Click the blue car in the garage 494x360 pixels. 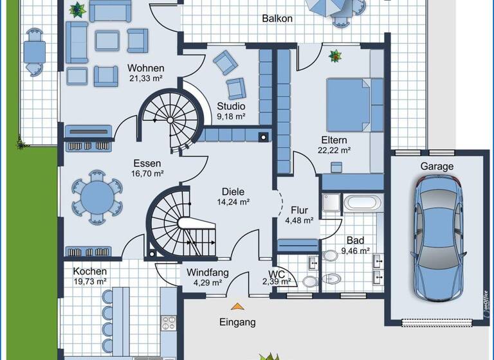(x=437, y=237)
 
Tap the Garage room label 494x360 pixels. (x=437, y=166)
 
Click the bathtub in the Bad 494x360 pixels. (x=364, y=204)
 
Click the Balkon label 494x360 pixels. (x=277, y=19)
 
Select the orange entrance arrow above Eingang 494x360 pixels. (x=238, y=307)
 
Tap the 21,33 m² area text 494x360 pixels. (x=145, y=79)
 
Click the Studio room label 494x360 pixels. (x=231, y=106)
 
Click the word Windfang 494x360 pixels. (x=208, y=272)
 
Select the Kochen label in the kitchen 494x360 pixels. (x=89, y=271)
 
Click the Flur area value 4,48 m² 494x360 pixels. (x=299, y=220)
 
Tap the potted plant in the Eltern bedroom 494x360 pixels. (x=334, y=57)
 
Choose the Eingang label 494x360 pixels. (x=237, y=322)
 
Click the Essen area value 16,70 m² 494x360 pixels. (x=148, y=174)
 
